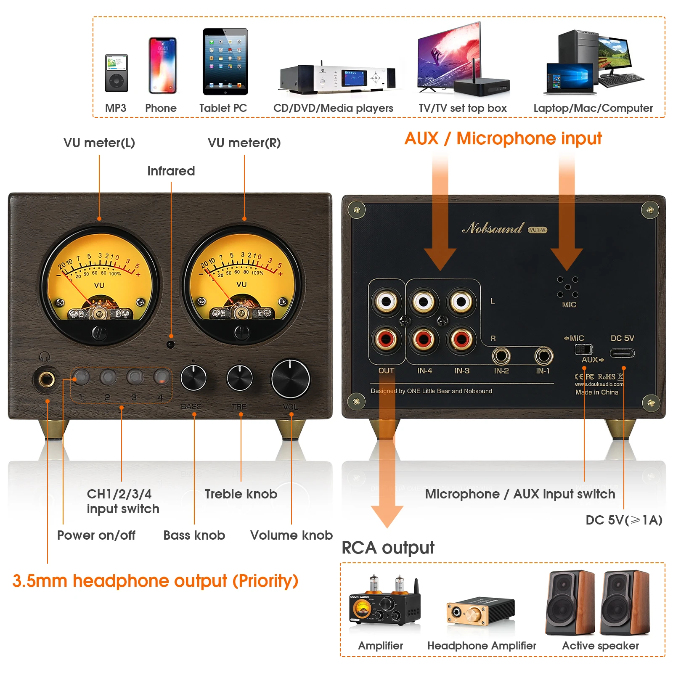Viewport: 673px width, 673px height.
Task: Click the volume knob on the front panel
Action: point(290,379)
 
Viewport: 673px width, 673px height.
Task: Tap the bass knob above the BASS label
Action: point(193,378)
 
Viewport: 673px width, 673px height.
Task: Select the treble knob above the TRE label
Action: point(239,378)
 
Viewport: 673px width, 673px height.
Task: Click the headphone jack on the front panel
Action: point(46,379)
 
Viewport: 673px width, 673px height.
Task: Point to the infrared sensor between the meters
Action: point(170,344)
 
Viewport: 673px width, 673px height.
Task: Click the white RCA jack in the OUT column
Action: point(386,302)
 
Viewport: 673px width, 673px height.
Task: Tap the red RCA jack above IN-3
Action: point(461,339)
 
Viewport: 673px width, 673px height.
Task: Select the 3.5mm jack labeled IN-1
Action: point(543,356)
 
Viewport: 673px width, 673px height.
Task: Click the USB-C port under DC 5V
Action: point(622,353)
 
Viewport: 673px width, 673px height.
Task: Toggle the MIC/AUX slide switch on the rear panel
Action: point(583,349)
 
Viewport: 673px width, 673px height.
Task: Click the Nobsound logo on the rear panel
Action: point(493,228)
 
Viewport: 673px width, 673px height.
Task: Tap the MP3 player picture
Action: point(117,73)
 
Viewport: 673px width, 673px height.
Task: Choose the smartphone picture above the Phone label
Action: point(162,66)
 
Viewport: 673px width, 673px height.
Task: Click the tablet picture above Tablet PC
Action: point(225,61)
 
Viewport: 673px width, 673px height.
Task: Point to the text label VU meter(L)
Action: point(99,143)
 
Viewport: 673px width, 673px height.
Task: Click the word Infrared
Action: point(171,171)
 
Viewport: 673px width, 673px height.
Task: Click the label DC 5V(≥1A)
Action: point(624,520)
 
